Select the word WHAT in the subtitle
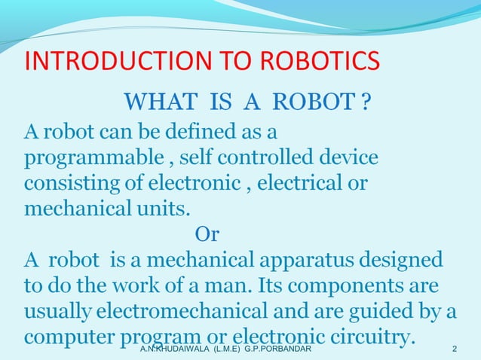pos(155,101)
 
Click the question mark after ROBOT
pos(366,101)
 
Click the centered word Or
pos(207,235)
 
